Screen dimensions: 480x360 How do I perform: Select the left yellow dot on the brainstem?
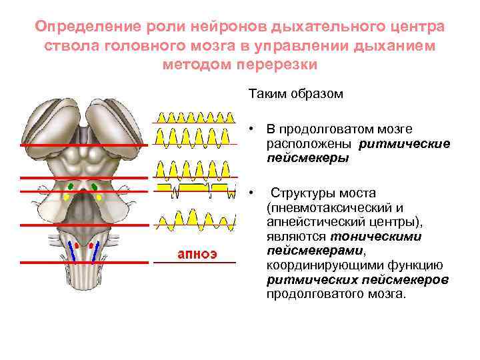tap(66, 197)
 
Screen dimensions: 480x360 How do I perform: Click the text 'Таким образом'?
tap(296, 94)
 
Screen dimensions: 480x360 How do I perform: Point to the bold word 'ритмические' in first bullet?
tap(405, 143)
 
